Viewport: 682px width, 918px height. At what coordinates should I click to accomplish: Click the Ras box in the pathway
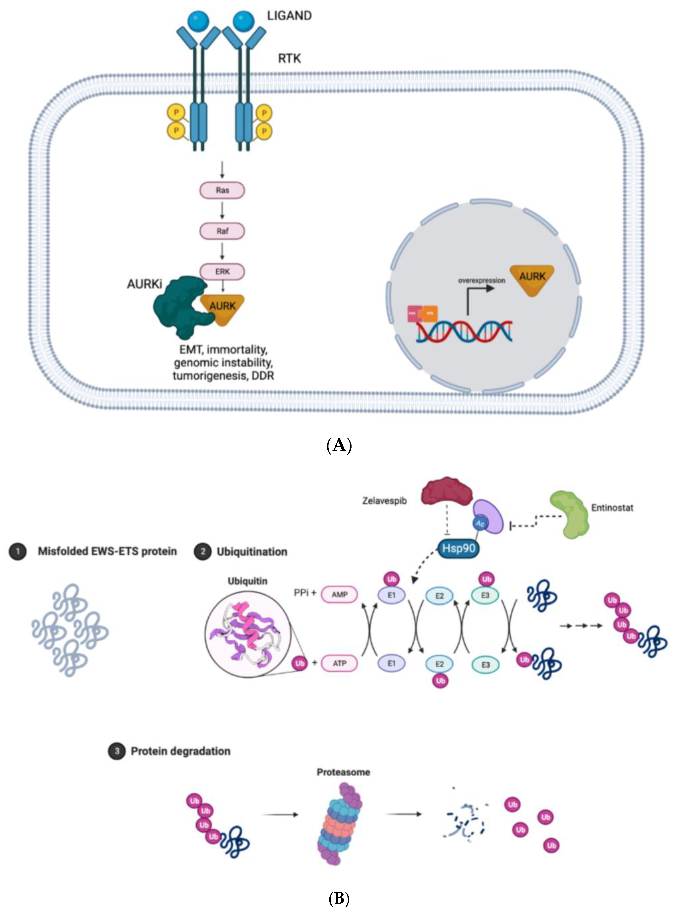(x=222, y=190)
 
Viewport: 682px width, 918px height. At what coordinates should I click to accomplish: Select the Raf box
(x=222, y=231)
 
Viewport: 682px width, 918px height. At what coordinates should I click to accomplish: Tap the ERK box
(x=222, y=271)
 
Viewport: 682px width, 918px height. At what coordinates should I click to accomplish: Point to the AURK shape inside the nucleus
(x=532, y=279)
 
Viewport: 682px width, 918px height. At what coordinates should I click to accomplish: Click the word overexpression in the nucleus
(x=481, y=280)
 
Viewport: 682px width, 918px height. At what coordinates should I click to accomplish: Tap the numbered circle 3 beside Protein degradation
(x=117, y=751)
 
